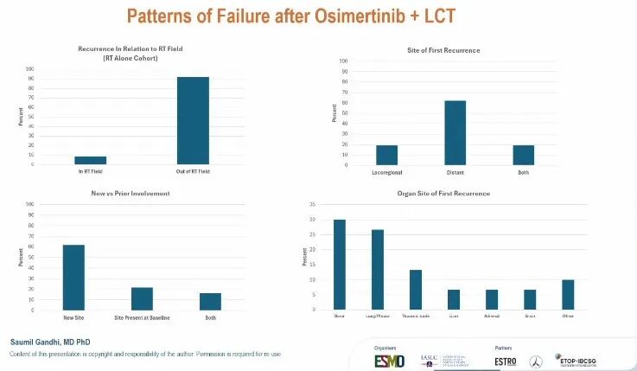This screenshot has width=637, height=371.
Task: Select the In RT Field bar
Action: [91, 160]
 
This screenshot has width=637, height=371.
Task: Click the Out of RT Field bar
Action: [193, 121]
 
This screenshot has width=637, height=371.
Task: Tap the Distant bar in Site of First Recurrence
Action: [455, 132]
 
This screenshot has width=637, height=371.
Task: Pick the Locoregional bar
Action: [387, 155]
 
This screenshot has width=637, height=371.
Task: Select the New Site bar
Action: [73, 277]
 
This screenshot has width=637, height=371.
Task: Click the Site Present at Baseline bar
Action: [142, 298]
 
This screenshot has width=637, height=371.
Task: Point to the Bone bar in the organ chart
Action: [339, 265]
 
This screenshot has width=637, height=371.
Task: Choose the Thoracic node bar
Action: [416, 290]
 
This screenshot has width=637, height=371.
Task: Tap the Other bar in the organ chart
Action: [568, 295]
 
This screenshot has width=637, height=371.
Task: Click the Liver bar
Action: [454, 299]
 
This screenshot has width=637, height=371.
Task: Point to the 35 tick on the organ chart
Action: [312, 204]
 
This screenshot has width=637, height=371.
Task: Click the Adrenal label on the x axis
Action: [492, 317]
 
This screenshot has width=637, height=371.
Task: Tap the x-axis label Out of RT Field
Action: [193, 170]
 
